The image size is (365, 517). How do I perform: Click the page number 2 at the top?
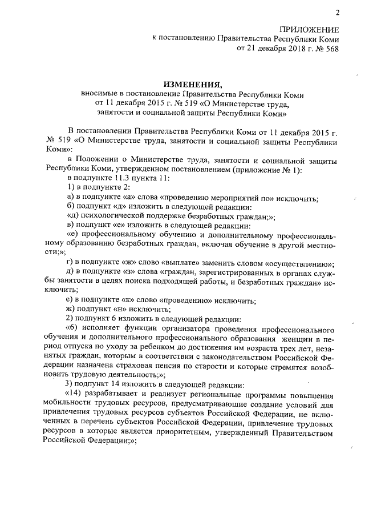pos(337,13)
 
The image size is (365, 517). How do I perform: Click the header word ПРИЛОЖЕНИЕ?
pos(308,29)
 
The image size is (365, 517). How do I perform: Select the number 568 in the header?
pos(331,49)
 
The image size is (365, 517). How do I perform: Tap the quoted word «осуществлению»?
pos(299,264)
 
